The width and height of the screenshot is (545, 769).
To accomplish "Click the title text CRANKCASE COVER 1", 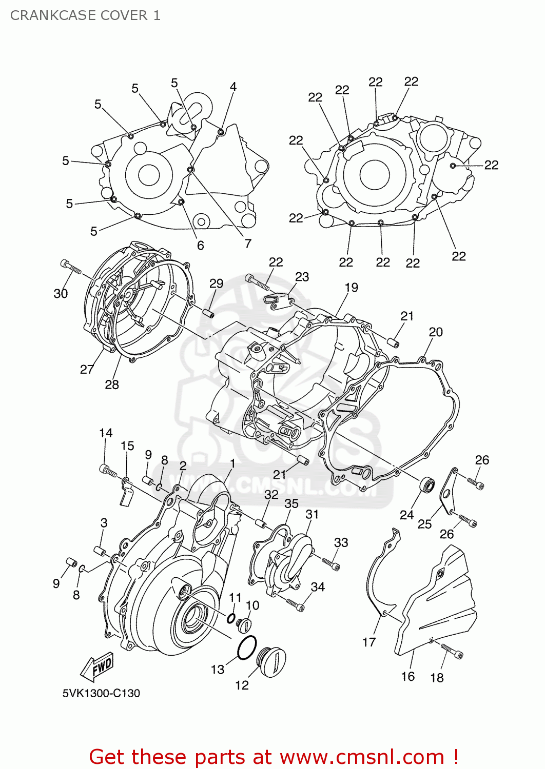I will tap(85, 15).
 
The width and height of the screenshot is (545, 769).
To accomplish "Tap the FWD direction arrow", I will tap(97, 666).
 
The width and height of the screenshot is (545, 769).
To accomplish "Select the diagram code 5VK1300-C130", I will tap(101, 693).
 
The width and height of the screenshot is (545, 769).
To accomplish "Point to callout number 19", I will tap(351, 288).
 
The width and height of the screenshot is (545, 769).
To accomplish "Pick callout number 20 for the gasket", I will tap(435, 332).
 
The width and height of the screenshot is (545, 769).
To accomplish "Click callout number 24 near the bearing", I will tap(406, 514).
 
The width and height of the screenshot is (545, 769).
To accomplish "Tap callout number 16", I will tap(407, 676).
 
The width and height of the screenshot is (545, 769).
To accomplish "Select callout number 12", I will tap(242, 685).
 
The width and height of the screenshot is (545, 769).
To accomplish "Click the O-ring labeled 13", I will tap(247, 647).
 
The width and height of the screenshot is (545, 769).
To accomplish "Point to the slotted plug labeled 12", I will tap(272, 661).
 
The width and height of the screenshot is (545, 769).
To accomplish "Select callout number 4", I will tap(233, 87).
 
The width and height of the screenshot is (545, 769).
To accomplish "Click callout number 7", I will tap(248, 243).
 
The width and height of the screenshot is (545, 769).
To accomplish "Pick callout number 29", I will tap(216, 284).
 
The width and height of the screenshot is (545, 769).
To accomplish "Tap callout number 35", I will tap(291, 503).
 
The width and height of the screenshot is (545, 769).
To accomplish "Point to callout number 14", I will tap(106, 433).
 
